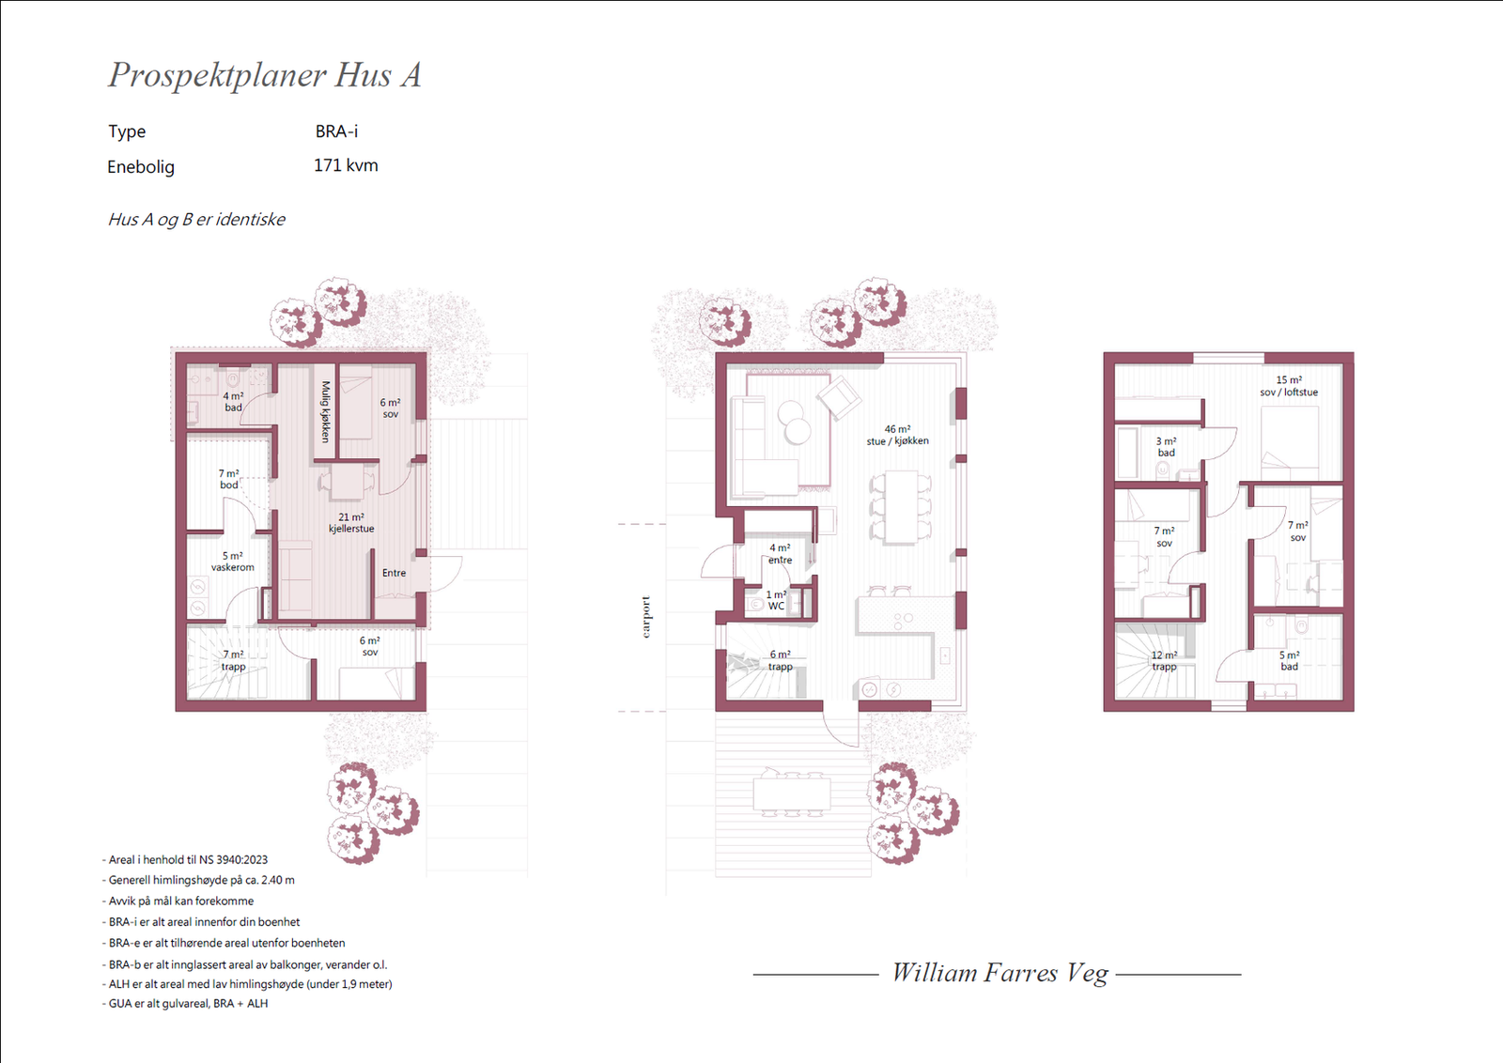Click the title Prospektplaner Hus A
[x=265, y=75]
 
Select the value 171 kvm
[x=346, y=165]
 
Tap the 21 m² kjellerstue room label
[x=351, y=523]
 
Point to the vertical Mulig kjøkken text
[x=325, y=412]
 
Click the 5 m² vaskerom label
[x=232, y=562]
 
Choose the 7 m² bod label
[x=229, y=479]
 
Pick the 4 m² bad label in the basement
[x=233, y=402]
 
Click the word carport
[x=646, y=617]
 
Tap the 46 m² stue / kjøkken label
[x=897, y=436]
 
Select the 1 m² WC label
[x=776, y=600]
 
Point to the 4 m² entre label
[x=780, y=554]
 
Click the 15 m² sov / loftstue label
[x=1288, y=386]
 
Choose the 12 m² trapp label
[x=1164, y=660]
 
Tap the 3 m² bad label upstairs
[x=1166, y=447]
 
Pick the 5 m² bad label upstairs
[x=1289, y=660]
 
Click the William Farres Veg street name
[x=999, y=973]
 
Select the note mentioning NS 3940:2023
[x=185, y=860]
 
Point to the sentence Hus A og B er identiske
[x=196, y=220]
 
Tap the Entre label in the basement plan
[x=394, y=573]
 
